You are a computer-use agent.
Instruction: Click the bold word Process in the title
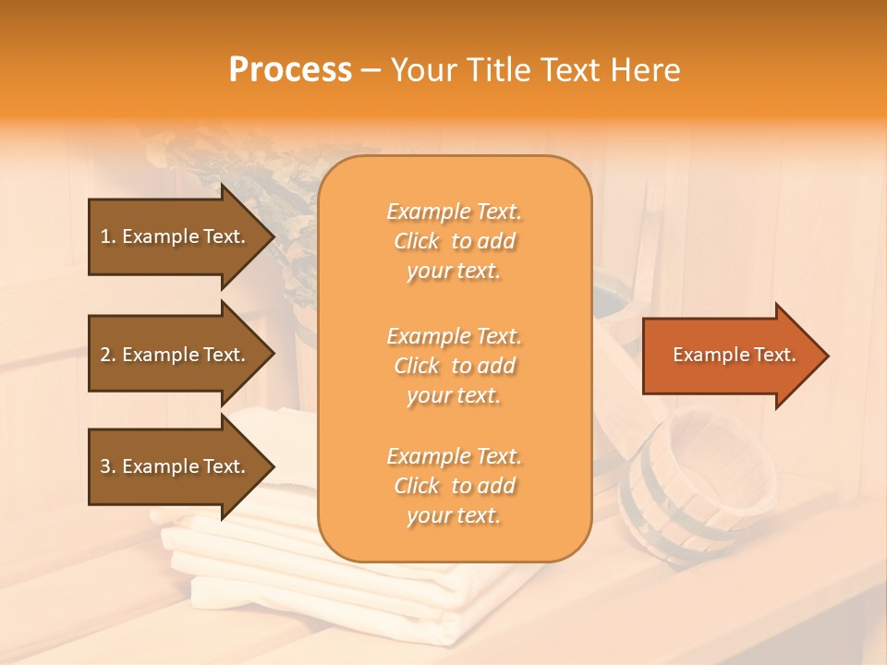(x=290, y=70)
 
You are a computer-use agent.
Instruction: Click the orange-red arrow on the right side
(x=730, y=356)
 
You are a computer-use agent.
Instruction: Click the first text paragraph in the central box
(x=454, y=241)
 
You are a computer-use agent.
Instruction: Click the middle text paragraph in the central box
(x=454, y=366)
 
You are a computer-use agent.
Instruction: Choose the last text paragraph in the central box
(x=454, y=486)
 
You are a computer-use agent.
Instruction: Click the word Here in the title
(x=647, y=70)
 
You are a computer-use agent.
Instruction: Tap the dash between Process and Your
(x=371, y=70)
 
